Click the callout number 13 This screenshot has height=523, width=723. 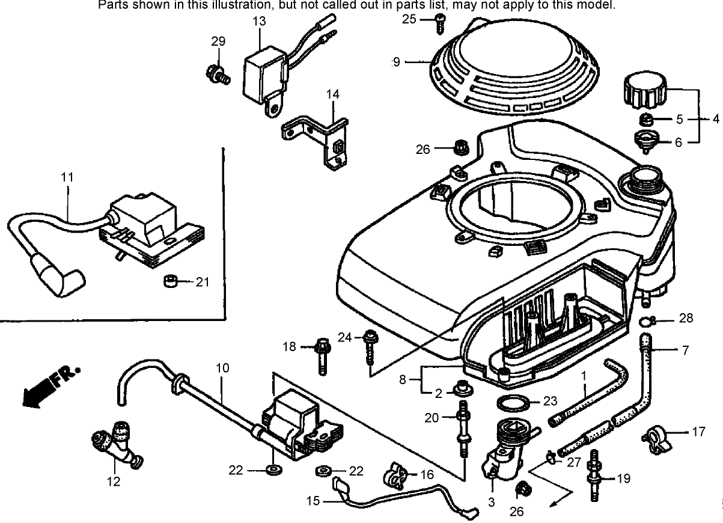(x=259, y=22)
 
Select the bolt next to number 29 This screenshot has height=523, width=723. (x=217, y=74)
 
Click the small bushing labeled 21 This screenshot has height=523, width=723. (x=170, y=281)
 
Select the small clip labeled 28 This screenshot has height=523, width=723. (x=645, y=320)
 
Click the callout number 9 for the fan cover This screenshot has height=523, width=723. (x=395, y=61)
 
